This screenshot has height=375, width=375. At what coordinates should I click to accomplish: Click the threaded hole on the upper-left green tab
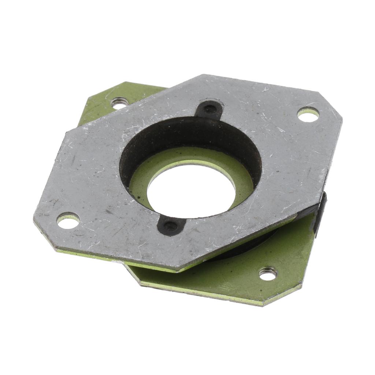(x=119, y=103)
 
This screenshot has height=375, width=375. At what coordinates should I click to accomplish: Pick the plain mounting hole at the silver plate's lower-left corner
(x=68, y=220)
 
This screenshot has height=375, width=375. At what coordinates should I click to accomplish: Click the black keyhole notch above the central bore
(x=210, y=109)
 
